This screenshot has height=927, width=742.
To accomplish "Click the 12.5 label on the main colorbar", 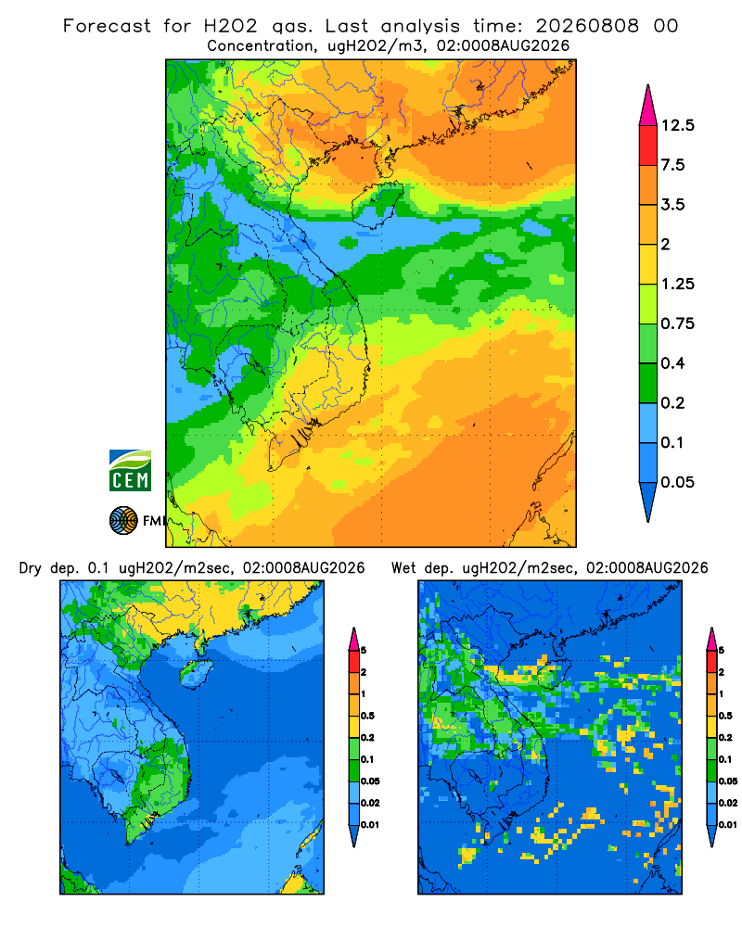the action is click(x=677, y=125).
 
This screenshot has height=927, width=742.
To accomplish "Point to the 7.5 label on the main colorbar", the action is click(x=672, y=165).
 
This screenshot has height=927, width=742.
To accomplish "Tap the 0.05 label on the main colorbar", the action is click(x=677, y=482).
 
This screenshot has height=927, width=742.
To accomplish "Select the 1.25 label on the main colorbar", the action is click(x=677, y=284).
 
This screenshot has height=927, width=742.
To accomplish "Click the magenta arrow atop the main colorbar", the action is click(x=648, y=106).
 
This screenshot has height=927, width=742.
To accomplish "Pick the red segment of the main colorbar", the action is click(x=648, y=146).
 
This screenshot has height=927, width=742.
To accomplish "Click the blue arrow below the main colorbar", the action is click(x=648, y=502).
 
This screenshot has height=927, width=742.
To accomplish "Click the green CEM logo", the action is click(x=130, y=471).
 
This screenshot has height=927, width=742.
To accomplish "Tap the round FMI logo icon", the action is click(x=123, y=520).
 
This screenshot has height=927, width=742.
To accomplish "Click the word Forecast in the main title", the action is click(x=107, y=26).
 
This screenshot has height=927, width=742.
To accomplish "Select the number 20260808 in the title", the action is click(x=587, y=26).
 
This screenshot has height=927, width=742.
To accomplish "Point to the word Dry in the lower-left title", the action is click(x=31, y=568).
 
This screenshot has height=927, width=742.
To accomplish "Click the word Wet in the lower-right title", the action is click(x=403, y=568).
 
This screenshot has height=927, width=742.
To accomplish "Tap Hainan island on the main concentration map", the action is click(x=377, y=204).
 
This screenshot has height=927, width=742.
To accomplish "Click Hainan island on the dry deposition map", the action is click(x=196, y=673).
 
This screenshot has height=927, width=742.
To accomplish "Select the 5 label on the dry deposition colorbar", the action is click(x=364, y=651).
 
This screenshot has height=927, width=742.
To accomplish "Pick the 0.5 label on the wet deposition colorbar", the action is click(x=725, y=716).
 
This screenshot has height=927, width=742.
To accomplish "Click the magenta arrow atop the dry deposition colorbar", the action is click(x=354, y=639).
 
